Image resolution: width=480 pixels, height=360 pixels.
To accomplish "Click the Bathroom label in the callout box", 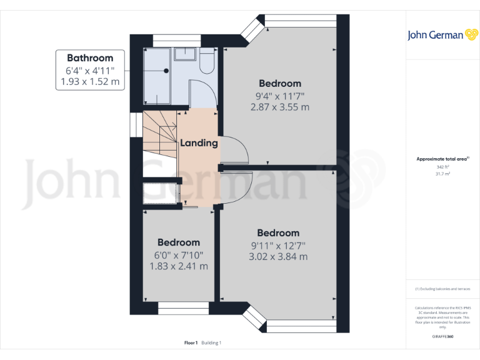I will (90, 57).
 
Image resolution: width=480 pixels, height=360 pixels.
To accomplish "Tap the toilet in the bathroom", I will (207, 62).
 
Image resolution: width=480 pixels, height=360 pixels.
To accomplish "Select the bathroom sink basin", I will (185, 54).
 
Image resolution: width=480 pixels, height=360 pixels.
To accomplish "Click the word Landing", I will (199, 143).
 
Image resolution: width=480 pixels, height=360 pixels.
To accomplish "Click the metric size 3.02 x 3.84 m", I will (278, 256).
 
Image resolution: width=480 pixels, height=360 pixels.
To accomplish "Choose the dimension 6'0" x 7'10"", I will (179, 254).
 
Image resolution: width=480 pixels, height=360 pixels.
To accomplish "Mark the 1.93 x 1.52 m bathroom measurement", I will (90, 81).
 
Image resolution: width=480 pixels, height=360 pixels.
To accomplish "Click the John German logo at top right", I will (436, 35).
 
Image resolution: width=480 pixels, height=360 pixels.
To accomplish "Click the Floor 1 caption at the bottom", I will (191, 342).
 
